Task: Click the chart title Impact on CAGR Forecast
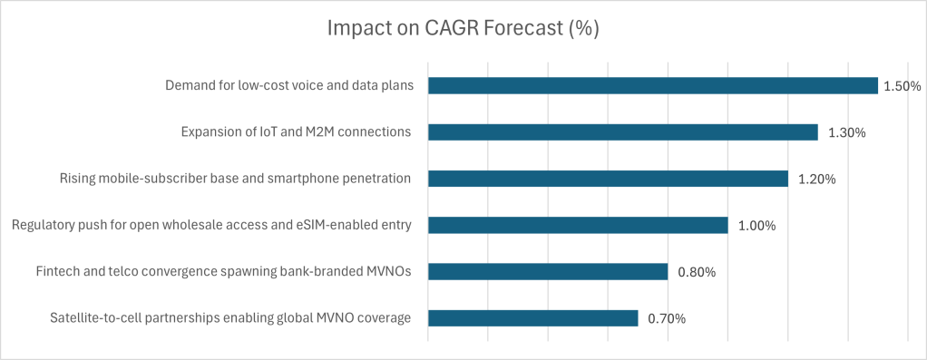[463, 30]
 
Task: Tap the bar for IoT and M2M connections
[622, 131]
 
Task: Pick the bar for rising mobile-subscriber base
[608, 179]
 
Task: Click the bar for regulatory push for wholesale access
[578, 225]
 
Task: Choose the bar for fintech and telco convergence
[548, 271]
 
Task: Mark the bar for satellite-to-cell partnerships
[532, 318]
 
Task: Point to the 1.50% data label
[903, 86]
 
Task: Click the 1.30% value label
[846, 133]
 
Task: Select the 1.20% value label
[817, 180]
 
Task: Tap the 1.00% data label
[756, 226]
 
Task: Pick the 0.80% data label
[697, 273]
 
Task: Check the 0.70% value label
[667, 319]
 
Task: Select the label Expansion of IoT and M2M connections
[297, 131]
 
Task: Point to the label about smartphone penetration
[235, 179]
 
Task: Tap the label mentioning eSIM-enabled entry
[211, 225]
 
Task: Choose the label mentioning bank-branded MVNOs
[223, 271]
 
